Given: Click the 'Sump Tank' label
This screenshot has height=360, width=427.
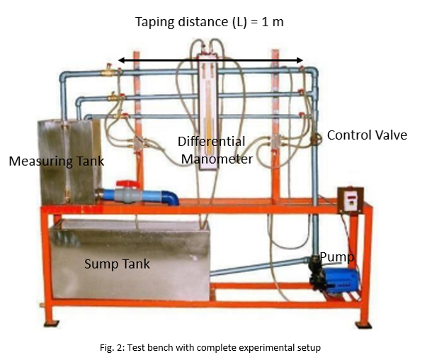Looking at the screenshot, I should click(116, 264).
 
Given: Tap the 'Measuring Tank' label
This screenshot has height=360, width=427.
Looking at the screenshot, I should click(56, 161).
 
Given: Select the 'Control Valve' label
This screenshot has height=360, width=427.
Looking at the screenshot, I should click(367, 135).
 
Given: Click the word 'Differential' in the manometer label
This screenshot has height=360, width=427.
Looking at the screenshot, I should click(211, 141).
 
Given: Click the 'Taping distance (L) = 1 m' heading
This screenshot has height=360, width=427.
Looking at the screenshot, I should click(210, 21).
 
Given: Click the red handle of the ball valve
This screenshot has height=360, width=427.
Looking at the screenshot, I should click(127, 182).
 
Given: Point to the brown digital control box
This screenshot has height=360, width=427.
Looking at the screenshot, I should click(350, 199).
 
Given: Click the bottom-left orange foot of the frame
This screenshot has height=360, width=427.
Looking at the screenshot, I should click(51, 322).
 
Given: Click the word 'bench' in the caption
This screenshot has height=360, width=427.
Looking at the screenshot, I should click(181, 347).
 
